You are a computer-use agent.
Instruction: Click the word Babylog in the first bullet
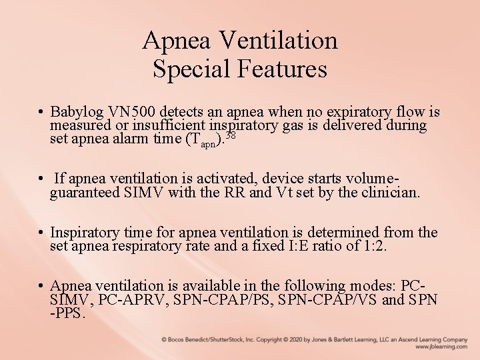click(77, 111)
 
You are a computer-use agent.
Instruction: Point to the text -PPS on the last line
click(67, 314)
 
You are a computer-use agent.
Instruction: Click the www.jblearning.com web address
click(441, 347)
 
